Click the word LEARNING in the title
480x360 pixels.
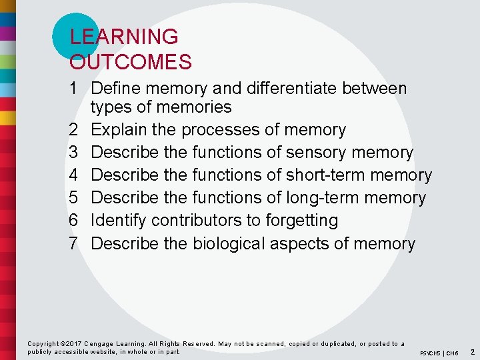[x=124, y=37]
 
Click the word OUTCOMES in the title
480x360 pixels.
[x=131, y=62]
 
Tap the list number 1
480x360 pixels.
[x=73, y=89]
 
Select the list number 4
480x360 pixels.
[x=74, y=175]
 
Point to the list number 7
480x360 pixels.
[x=74, y=243]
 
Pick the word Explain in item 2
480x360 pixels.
[x=117, y=130]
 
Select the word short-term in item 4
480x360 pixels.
[x=327, y=175]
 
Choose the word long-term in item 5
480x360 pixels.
[x=323, y=198]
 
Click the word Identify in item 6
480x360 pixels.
[x=117, y=221]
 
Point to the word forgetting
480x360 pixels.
[x=301, y=221]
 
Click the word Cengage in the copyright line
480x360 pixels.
[x=99, y=344]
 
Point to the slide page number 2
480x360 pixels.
[x=472, y=351]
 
